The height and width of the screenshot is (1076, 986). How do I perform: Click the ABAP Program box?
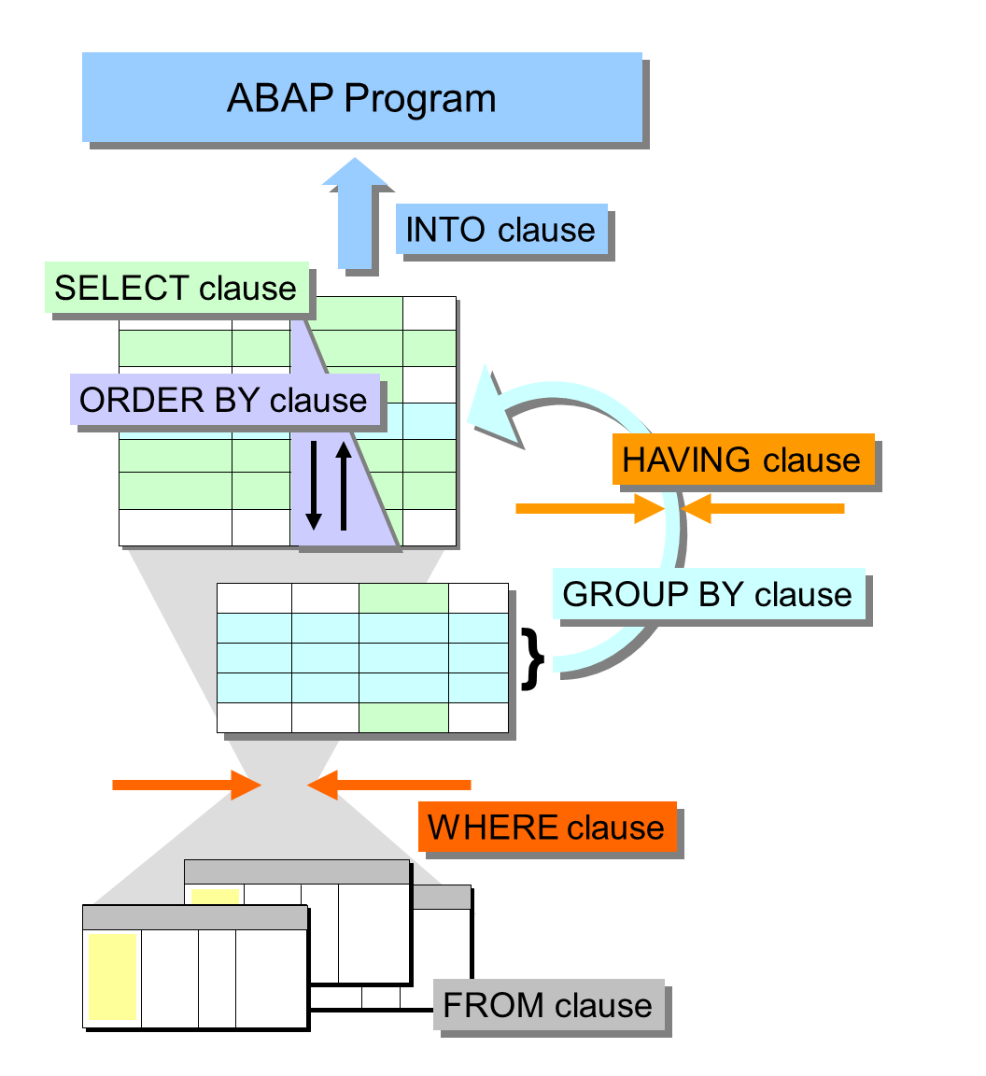click(x=361, y=97)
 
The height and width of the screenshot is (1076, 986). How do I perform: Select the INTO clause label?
click(x=501, y=230)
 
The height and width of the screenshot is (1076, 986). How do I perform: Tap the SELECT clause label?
click(x=176, y=287)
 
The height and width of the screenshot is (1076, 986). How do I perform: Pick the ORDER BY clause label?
click(x=224, y=400)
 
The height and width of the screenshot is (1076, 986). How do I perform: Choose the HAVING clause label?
click(x=742, y=459)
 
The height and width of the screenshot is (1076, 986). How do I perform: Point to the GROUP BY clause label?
click(x=708, y=594)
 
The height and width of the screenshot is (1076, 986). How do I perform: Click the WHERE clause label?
click(x=546, y=827)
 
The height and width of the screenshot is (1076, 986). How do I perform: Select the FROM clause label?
click(x=548, y=1005)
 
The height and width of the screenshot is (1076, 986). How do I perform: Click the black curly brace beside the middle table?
click(x=533, y=659)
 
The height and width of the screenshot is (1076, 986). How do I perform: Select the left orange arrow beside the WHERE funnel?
click(x=186, y=785)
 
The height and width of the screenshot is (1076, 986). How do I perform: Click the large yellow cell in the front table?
click(x=113, y=976)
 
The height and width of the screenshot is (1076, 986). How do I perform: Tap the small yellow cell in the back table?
click(x=216, y=896)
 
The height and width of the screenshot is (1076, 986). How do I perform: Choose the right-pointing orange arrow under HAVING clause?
click(x=588, y=509)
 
